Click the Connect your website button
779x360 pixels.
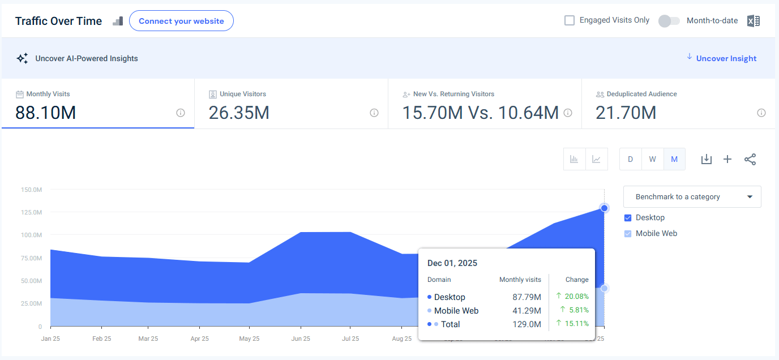(181, 21)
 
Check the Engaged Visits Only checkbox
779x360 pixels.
(570, 20)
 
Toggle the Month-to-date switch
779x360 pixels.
(669, 21)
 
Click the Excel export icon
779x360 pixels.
(753, 21)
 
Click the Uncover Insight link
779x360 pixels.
(726, 58)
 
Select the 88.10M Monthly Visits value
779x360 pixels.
(46, 113)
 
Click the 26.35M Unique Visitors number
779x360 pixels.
(239, 113)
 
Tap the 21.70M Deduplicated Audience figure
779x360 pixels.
(626, 113)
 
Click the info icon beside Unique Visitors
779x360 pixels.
(374, 113)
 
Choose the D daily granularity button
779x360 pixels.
(630, 159)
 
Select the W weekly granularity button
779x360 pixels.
(652, 159)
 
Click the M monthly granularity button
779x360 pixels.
(674, 159)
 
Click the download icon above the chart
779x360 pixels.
(706, 159)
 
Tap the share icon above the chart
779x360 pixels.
(750, 159)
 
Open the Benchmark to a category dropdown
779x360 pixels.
(692, 197)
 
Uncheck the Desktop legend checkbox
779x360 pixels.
(628, 218)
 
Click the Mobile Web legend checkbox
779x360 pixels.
(628, 234)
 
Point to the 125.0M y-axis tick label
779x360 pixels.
(31, 212)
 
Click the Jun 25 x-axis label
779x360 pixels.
(300, 339)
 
